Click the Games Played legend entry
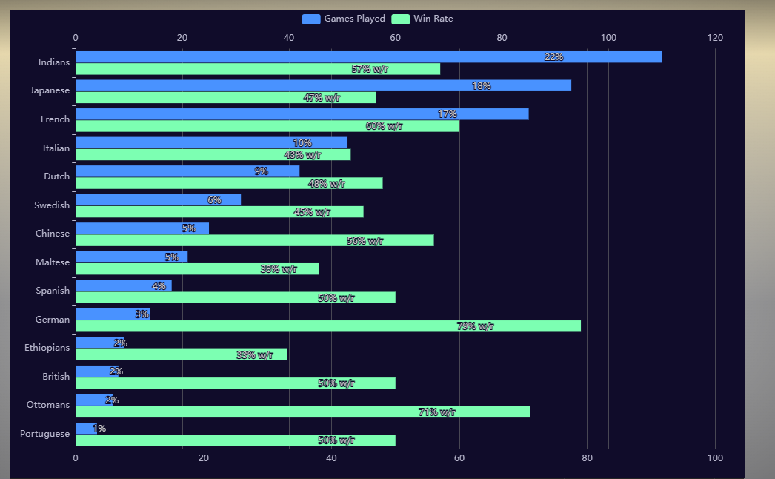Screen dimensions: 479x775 [344, 19]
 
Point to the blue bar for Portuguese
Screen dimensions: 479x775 [85, 429]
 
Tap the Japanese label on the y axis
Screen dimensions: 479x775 [50, 90]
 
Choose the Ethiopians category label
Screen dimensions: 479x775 [47, 348]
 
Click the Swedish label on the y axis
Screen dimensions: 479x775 [52, 205]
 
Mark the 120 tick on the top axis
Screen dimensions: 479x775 [715, 38]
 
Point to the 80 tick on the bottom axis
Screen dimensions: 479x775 [588, 458]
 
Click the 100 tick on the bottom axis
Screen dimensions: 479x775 [715, 458]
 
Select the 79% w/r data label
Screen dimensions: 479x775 [475, 326]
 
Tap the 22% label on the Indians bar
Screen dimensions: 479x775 [553, 57]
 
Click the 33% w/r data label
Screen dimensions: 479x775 [255, 355]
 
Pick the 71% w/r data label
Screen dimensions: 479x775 [437, 412]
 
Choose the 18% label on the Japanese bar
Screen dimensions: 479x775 [481, 86]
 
